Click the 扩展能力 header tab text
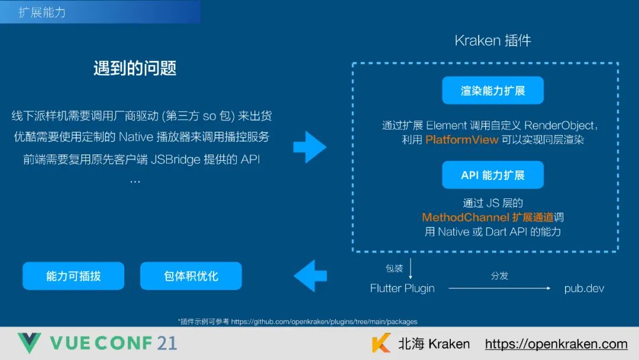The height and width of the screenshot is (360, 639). click(x=42, y=12)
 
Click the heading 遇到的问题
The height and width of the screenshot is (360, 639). click(x=135, y=68)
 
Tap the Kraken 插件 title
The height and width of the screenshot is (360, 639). click(x=493, y=40)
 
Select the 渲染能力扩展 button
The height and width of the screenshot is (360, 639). click(x=493, y=90)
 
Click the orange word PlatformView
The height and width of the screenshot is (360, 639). click(x=461, y=140)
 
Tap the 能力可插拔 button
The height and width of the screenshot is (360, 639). click(x=73, y=276)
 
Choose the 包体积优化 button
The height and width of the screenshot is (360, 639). click(x=191, y=276)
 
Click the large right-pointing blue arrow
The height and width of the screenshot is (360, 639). click(x=309, y=147)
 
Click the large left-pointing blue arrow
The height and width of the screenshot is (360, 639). click(x=310, y=275)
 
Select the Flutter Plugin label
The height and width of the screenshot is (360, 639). click(x=402, y=288)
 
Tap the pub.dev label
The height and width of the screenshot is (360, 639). click(x=584, y=288)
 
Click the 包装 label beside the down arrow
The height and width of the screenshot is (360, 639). click(x=394, y=268)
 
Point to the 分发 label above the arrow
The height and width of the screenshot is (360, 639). click(x=499, y=275)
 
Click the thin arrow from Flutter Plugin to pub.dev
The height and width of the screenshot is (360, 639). click(x=499, y=288)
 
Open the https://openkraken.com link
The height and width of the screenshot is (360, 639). click(x=556, y=343)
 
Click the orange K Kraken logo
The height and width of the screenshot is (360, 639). click(x=381, y=343)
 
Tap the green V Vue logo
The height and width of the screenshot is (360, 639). click(x=29, y=343)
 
